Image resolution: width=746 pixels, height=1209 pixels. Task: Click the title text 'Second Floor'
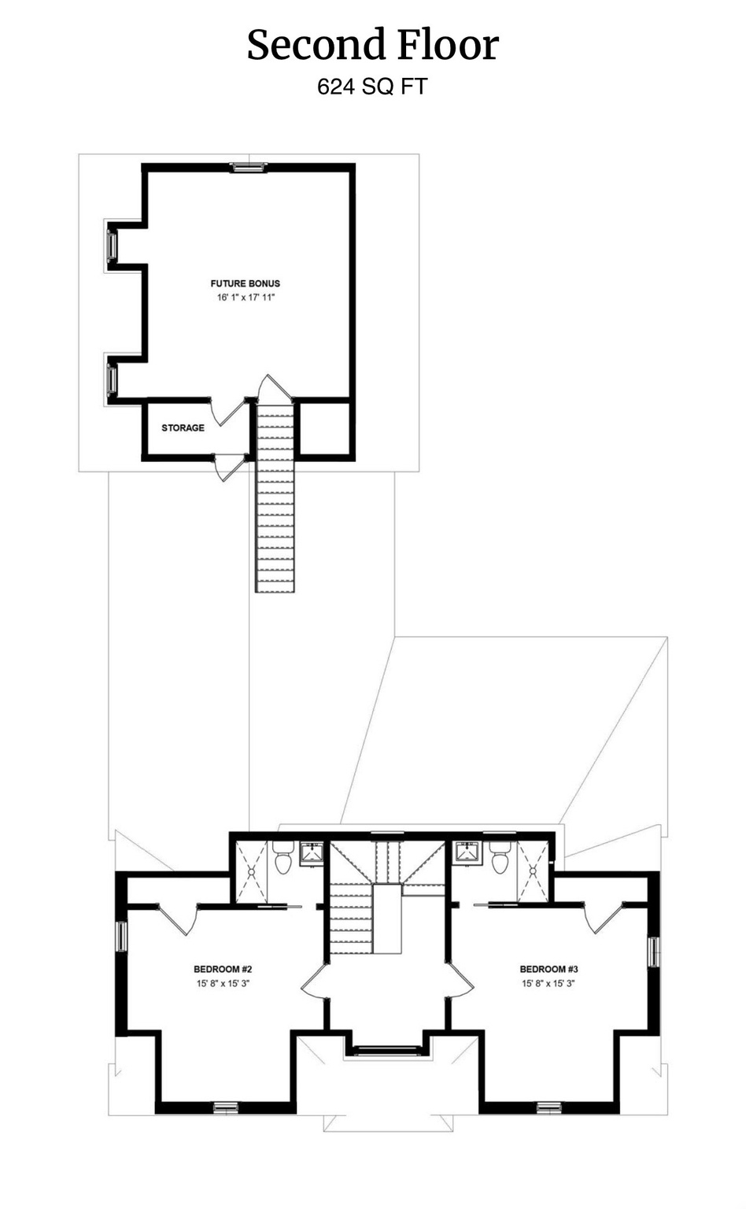tap(372, 45)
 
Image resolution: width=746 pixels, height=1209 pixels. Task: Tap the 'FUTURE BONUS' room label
tap(245, 283)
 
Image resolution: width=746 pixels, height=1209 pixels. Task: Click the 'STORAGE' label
tap(183, 428)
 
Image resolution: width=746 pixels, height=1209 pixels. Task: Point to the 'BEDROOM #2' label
tap(222, 969)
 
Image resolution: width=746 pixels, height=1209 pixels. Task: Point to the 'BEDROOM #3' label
tap(548, 969)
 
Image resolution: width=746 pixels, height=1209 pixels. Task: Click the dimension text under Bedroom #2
tap(222, 983)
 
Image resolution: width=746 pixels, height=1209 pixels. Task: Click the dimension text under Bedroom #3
tap(548, 983)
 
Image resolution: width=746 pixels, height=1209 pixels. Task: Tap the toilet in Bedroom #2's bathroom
tap(283, 860)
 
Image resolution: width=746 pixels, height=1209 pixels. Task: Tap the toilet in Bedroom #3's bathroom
tap(499, 860)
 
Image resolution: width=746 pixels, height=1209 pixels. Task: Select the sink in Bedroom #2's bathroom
tap(312, 852)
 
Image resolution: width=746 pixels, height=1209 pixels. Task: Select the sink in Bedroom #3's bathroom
tap(468, 852)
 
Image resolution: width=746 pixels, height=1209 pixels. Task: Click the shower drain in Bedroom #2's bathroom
tap(252, 871)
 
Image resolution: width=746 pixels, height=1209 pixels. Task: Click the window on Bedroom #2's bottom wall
tap(226, 1107)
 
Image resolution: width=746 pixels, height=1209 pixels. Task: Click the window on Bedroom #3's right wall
tap(653, 951)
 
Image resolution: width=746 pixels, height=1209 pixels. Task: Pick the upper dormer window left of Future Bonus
tap(112, 246)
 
